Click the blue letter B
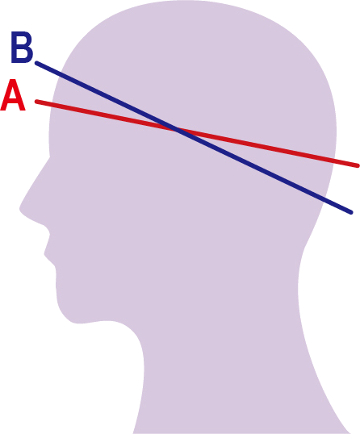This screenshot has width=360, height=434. tap(22, 47)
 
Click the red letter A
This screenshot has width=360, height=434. tap(13, 95)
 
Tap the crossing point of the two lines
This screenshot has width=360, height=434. tap(178, 129)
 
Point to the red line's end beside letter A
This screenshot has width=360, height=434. tap(36, 102)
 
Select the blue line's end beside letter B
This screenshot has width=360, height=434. tap(36, 63)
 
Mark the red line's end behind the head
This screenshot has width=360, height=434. tap(358, 166)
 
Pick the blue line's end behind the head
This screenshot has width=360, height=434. tap(351, 213)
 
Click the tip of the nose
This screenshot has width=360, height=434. tap(20, 208)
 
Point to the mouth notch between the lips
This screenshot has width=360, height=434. tap(44, 253)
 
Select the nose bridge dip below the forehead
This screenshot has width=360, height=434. tap(50, 157)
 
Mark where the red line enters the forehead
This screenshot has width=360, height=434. tap(50, 105)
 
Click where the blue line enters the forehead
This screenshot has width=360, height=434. tap(59, 75)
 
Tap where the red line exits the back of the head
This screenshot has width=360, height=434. tap(334, 161)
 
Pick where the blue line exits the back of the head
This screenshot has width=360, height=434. tap(323, 198)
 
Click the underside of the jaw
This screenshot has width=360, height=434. tap(91, 323)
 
